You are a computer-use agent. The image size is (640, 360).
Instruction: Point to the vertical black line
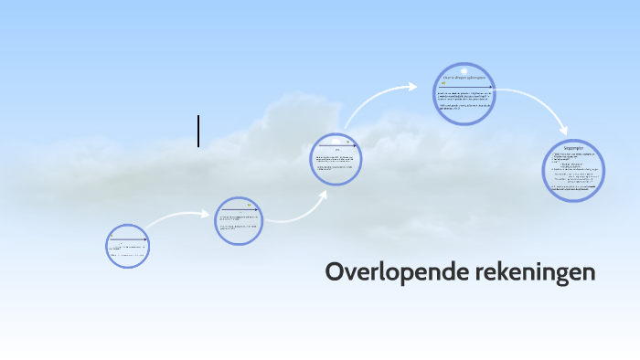point(198,131)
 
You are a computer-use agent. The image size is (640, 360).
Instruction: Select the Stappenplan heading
point(575,147)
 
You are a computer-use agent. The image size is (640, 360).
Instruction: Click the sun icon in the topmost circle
point(464,70)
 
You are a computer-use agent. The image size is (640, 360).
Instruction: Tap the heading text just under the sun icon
point(464,79)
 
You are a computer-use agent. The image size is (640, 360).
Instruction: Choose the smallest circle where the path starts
point(127,245)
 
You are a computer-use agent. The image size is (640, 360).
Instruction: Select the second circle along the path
point(240,221)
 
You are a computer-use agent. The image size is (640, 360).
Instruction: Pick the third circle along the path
point(336,159)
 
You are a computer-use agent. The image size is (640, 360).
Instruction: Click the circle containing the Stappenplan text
point(575,170)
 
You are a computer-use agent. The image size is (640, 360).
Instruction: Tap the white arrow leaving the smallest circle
point(178,219)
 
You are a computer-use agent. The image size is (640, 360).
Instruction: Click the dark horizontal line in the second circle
point(240,210)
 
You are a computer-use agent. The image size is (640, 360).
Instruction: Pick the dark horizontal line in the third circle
point(336,144)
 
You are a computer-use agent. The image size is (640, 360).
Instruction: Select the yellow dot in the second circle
point(249,204)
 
